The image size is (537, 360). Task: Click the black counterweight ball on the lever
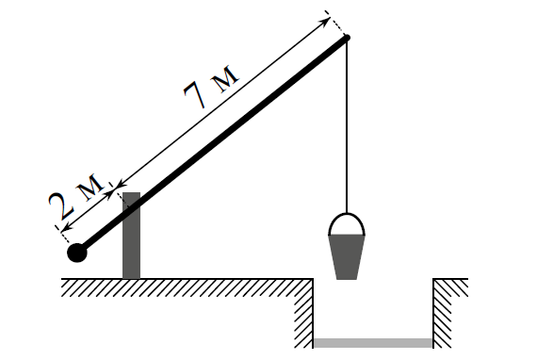point(77,253)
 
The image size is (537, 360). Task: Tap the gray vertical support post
point(132,236)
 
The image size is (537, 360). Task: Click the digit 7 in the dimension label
point(195,94)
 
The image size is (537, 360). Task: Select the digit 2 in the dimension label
point(62,205)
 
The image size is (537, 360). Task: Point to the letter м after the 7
point(224,79)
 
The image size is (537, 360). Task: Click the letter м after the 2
point(89,187)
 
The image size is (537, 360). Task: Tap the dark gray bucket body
point(347,257)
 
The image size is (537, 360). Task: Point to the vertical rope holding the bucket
point(347,125)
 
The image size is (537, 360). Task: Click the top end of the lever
point(347,38)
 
